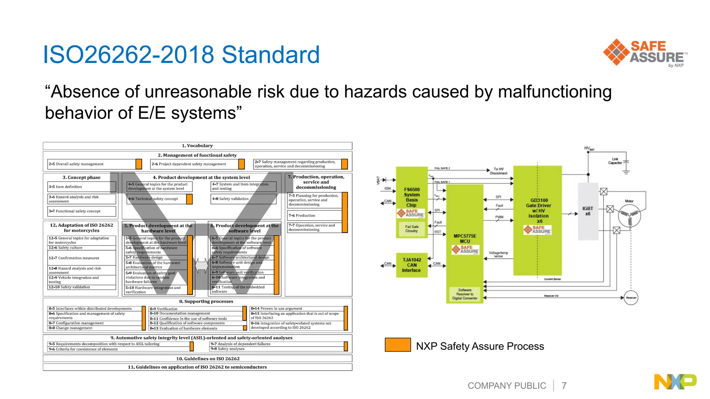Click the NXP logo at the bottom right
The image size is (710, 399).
point(675,382)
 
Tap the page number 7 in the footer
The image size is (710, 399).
point(564,385)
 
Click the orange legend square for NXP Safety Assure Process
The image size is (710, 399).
point(398,345)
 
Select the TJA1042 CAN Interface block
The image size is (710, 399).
point(412,265)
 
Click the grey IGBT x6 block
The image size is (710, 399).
point(588,211)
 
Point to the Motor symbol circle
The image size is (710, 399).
point(629,216)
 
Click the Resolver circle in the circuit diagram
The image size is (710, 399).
point(631,298)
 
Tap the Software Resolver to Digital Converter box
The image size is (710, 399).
point(465,294)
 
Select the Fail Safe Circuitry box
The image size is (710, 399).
point(412,229)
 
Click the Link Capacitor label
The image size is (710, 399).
point(615,161)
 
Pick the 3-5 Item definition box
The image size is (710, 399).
point(82,187)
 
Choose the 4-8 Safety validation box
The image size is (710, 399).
point(243,199)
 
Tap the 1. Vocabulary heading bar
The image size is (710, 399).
point(197,146)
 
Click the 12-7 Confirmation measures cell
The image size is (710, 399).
point(82,258)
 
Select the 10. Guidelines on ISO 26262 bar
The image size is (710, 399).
point(197,358)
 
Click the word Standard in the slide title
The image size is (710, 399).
point(270,55)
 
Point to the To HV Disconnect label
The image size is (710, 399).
point(498,171)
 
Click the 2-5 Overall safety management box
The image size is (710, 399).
point(92,164)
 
